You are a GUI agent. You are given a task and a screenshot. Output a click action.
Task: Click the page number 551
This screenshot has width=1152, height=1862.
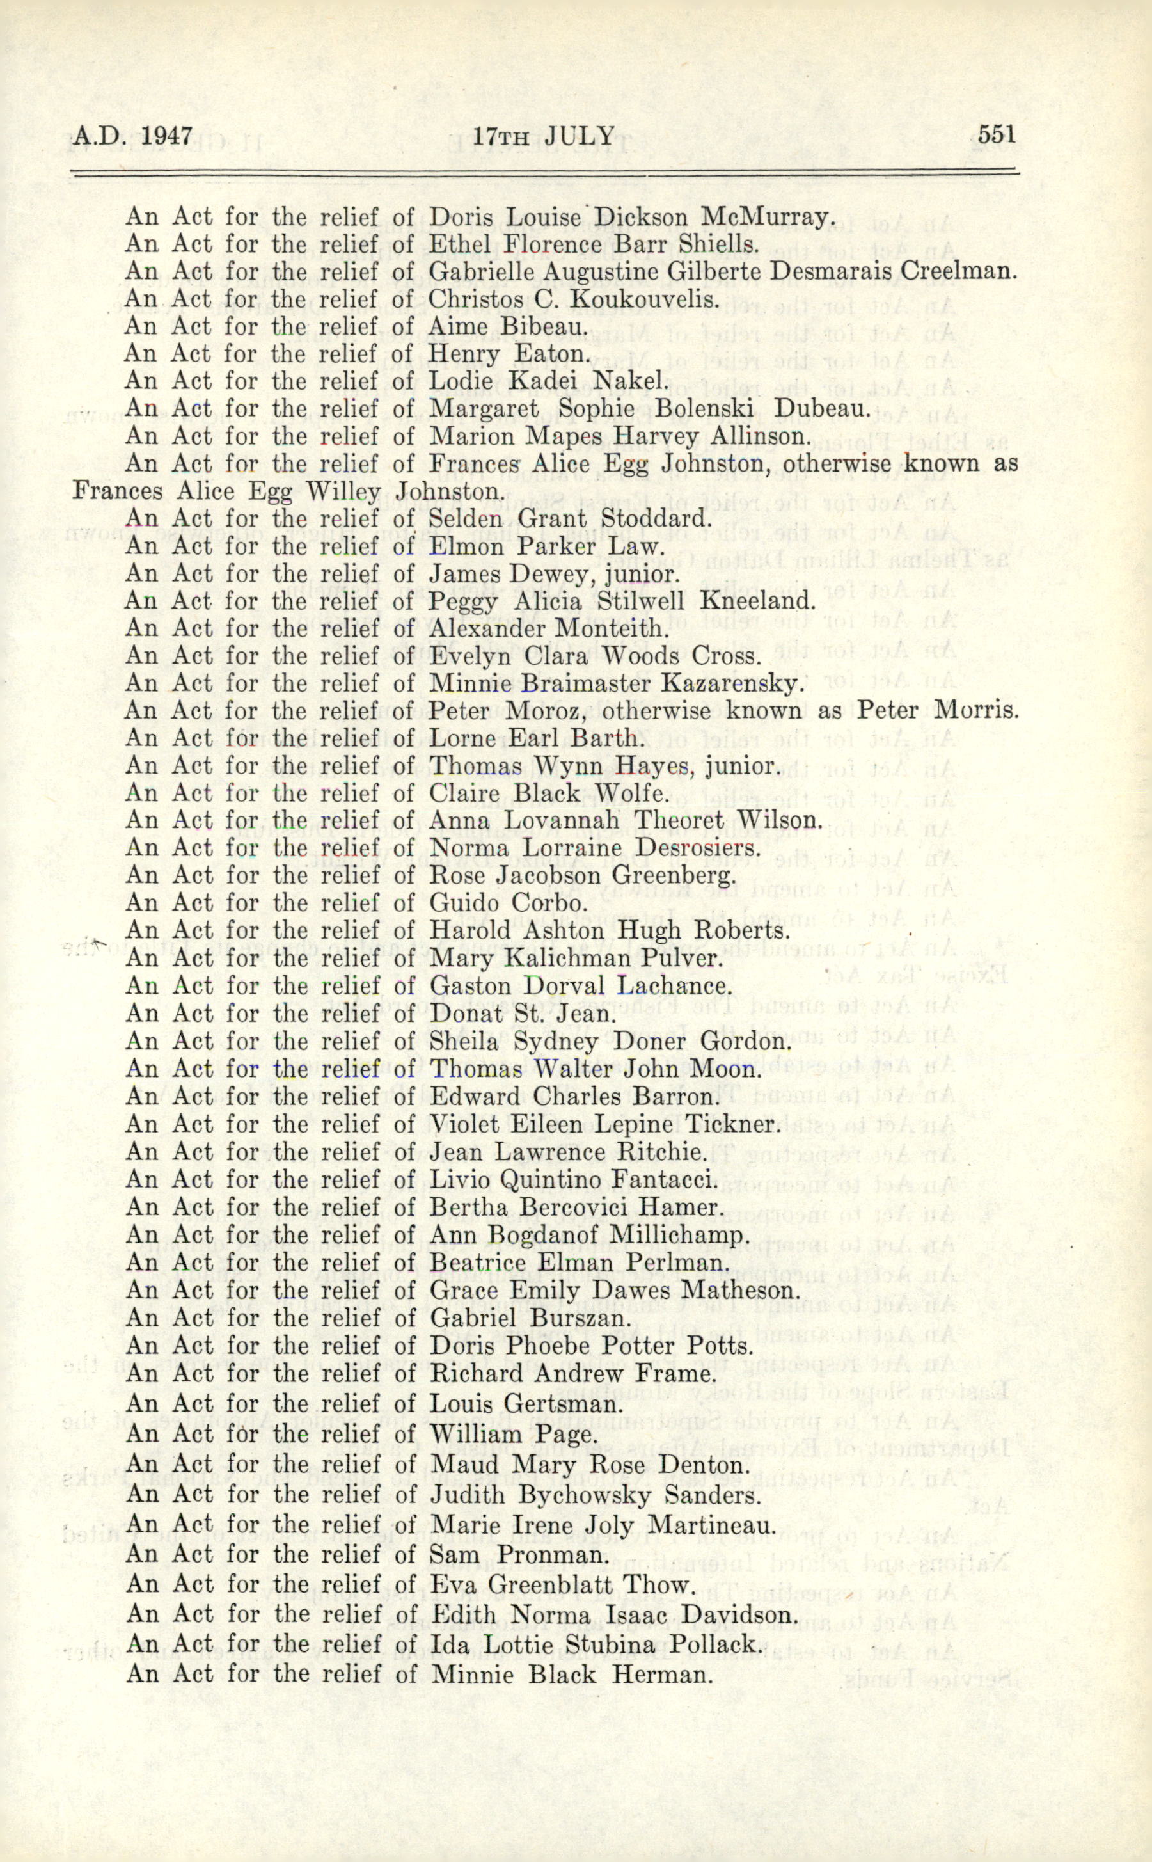(x=996, y=136)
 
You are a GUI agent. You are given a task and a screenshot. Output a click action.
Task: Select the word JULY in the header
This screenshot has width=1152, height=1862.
(x=579, y=136)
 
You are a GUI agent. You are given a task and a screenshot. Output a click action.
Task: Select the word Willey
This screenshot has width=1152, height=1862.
(x=343, y=491)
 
